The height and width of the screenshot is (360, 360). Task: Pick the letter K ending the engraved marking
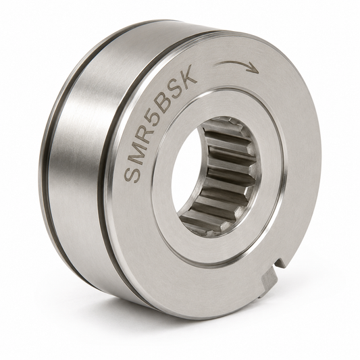point(189,74)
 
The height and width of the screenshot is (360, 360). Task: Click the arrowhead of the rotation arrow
point(254,69)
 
